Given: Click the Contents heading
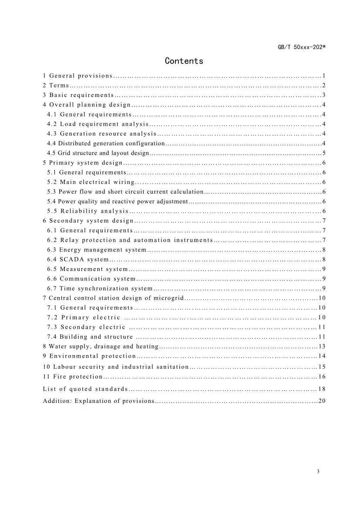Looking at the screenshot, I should tap(184, 61).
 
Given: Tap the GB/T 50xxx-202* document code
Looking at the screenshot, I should tap(302, 47).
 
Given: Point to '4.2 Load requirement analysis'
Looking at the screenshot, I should tap(98, 124).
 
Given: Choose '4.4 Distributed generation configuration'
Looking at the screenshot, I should tap(106, 143).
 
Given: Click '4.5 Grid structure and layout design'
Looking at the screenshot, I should tap(98, 153).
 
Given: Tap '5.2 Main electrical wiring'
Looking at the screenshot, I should tap(91, 182).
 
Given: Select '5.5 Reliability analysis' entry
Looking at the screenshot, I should tap(88, 211).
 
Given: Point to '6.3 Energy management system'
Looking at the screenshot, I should tap(97, 250).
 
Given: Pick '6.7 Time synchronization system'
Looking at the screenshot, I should tap(100, 288).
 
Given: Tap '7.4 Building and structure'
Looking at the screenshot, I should tap(90, 337).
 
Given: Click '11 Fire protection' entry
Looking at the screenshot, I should tap(73, 377).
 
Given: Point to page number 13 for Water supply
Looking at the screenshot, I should tap(322, 347).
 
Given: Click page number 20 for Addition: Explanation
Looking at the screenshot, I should tap(322, 401).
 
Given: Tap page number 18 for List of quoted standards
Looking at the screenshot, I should tap(322, 389).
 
